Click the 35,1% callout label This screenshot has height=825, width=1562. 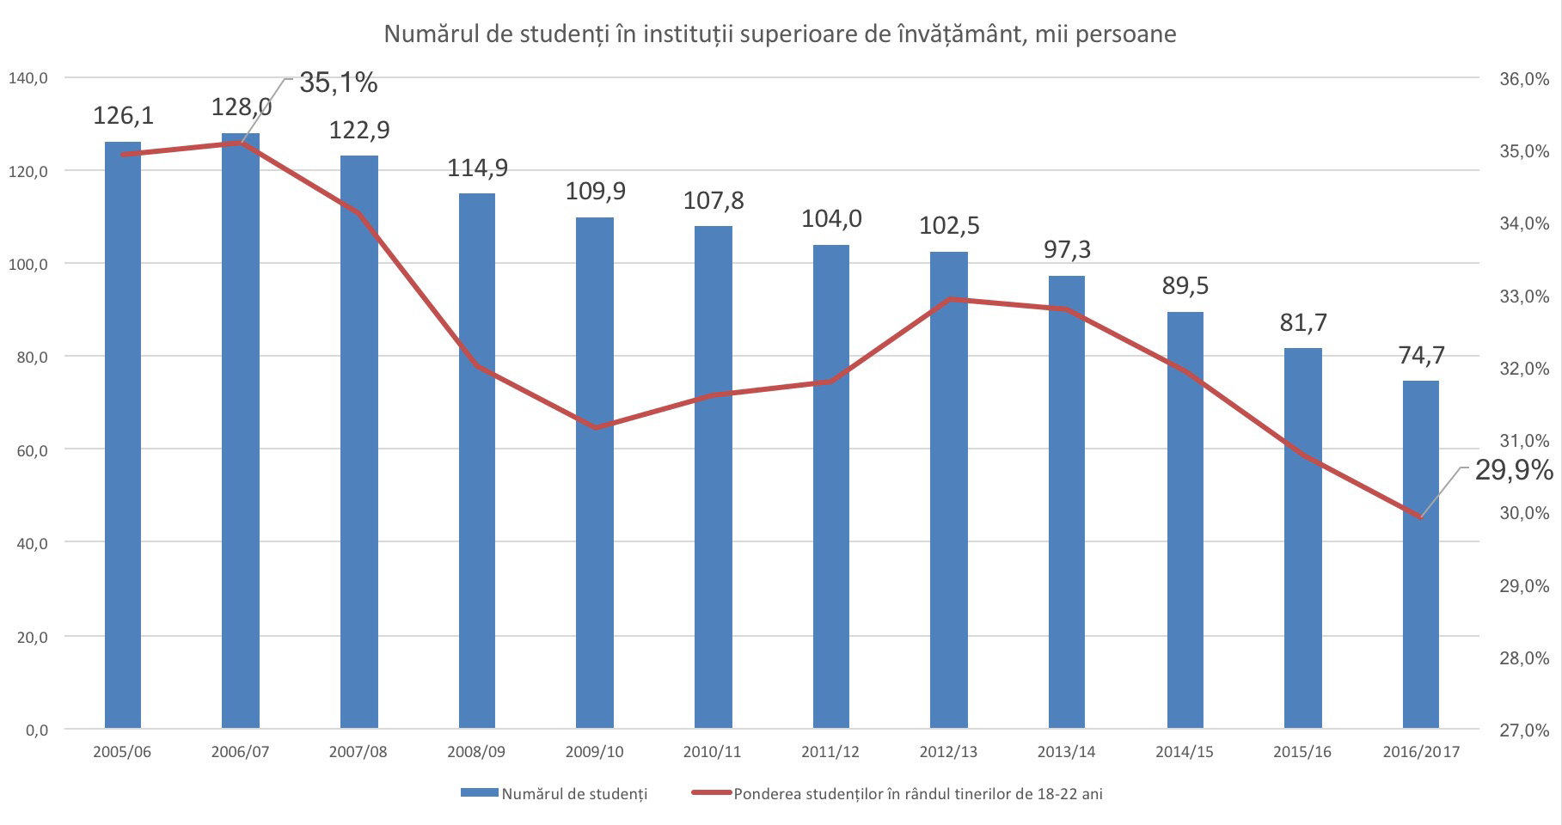point(338,83)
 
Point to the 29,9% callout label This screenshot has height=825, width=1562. point(1514,470)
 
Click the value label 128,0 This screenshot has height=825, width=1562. point(242,107)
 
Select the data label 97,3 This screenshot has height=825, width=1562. point(1067,249)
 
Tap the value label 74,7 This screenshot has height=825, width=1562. point(1421,355)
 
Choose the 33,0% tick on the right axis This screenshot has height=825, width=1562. point(1523,296)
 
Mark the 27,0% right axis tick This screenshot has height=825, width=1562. point(1523,730)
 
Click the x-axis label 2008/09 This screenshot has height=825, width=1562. point(476,752)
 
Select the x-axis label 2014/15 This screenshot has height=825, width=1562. point(1185,752)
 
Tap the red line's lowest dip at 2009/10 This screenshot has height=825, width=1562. point(595,427)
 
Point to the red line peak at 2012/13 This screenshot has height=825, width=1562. point(950,299)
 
